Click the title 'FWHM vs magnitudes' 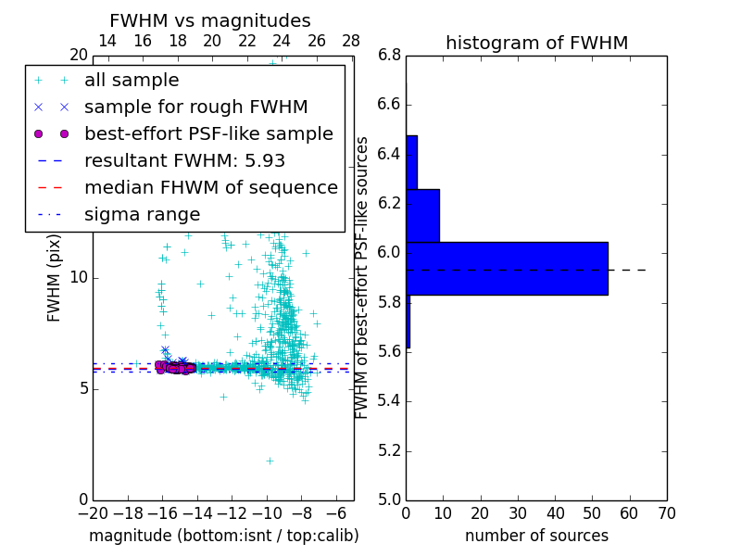pos(209,21)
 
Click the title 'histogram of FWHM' pos(536,43)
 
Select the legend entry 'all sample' pos(132,81)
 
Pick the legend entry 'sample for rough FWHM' pos(195,107)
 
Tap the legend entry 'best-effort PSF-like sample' pos(208,133)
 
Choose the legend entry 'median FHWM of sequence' pos(210,187)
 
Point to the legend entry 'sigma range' pos(142,214)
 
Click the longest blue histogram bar pos(507,269)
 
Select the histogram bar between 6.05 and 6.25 pos(422,215)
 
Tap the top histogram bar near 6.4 pos(411,162)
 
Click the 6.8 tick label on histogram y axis pos(389,55)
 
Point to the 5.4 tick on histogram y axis pos(389,400)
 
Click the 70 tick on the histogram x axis pos(666,512)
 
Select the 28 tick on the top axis pos(351,41)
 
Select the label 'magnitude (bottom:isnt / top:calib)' pos(223,536)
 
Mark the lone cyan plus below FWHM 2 pos(270,461)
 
